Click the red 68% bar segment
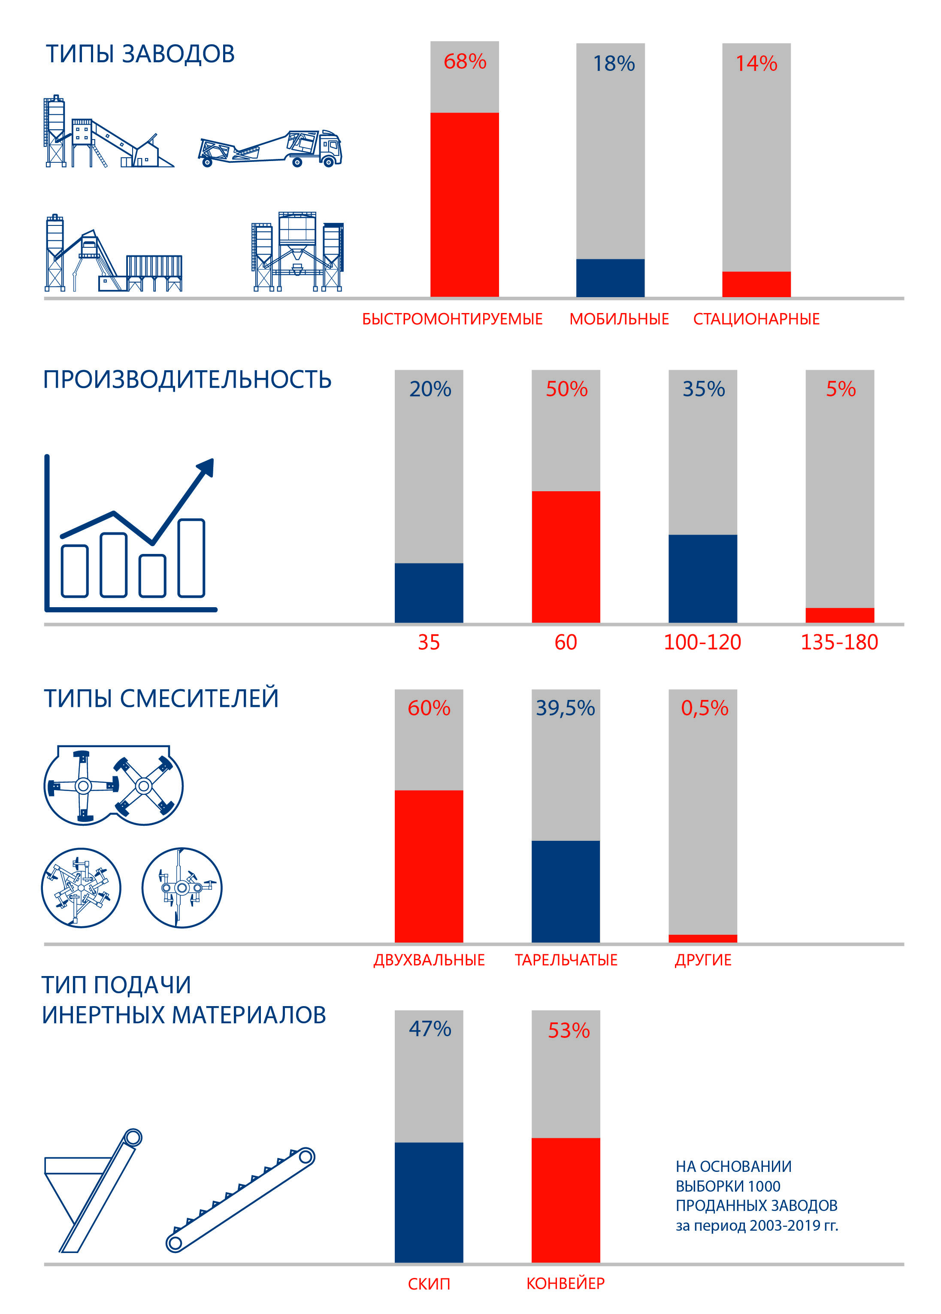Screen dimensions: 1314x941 464,204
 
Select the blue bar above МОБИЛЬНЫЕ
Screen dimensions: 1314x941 610,278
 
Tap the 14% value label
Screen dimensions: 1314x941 756,63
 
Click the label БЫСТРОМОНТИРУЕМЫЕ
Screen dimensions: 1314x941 452,319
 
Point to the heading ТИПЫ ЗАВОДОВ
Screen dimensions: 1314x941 140,54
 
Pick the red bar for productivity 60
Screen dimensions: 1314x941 566,557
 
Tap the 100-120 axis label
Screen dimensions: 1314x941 702,642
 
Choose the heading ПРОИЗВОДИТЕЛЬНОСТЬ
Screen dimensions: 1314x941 187,380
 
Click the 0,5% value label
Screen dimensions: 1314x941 704,708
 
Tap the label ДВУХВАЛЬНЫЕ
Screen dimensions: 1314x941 429,961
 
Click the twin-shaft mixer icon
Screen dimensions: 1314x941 114,786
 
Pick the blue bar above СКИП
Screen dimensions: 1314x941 429,1202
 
